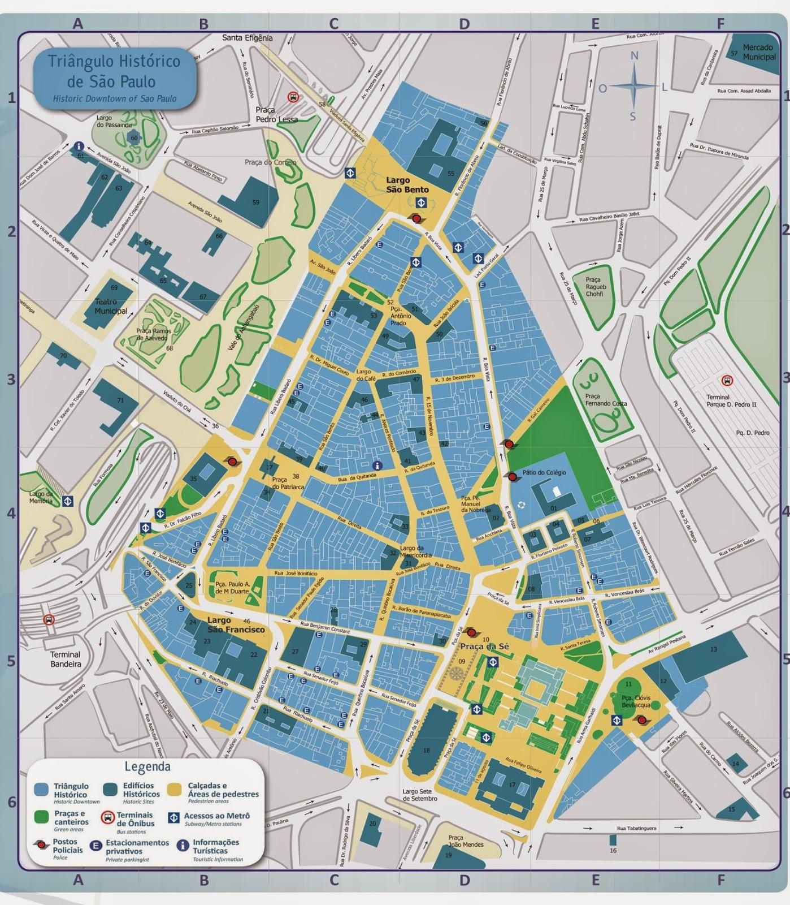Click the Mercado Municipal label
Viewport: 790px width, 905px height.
tap(758, 52)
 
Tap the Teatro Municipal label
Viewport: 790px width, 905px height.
tap(111, 307)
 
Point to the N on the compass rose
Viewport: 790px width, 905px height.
tap(634, 55)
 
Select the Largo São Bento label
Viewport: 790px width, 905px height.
tap(407, 185)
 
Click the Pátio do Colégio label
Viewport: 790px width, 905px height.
tap(544, 472)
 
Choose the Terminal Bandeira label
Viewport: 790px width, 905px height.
tap(66, 659)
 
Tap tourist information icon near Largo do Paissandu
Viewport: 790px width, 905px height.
tap(80, 145)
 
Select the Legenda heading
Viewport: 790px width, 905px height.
tap(147, 767)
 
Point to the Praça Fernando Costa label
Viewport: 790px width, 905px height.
tap(606, 400)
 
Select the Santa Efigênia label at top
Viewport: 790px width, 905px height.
tap(247, 38)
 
